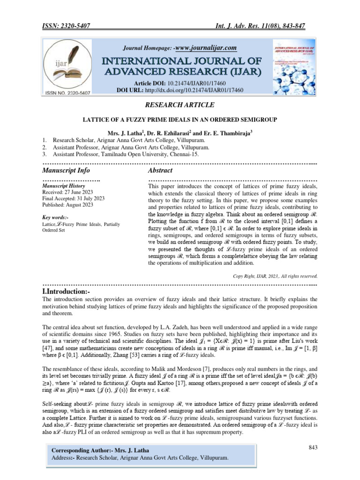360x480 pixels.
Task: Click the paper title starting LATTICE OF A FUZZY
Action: point(180,120)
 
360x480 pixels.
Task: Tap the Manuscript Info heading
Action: point(66,170)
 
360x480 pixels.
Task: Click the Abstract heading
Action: point(160,170)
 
